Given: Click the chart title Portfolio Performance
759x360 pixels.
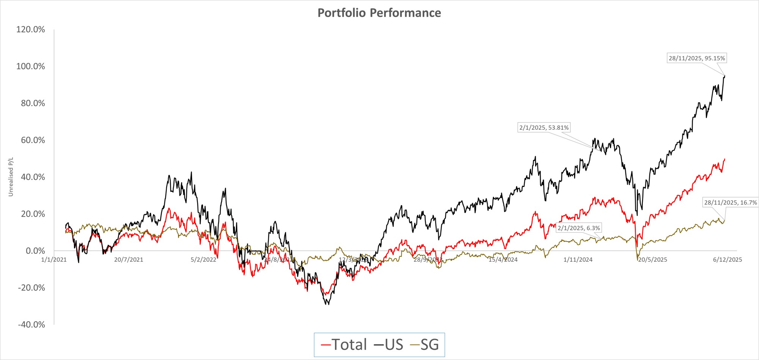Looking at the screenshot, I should click(379, 13).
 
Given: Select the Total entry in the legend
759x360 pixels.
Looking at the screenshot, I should click(344, 345).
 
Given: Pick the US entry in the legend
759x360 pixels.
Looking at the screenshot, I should click(389, 345).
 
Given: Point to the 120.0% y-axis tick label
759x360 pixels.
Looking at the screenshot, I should click(30, 30).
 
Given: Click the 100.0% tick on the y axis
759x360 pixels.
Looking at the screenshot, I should click(30, 66).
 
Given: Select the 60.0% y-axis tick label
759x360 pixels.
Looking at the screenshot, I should click(33, 140).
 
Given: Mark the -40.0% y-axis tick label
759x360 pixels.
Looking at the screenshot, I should click(31, 325).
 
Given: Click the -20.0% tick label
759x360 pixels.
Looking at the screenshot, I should click(31, 288).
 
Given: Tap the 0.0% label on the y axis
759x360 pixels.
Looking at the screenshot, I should click(35, 251).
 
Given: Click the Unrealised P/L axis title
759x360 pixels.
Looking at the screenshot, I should click(11, 177).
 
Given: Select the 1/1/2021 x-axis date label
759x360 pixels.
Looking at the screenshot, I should click(54, 260).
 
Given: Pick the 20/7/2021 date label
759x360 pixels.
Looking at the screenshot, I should click(129, 260).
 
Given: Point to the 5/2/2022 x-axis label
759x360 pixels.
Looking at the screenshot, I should click(203, 260).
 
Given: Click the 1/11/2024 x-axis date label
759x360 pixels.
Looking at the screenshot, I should click(578, 260).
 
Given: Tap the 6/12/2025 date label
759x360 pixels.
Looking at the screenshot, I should click(728, 260).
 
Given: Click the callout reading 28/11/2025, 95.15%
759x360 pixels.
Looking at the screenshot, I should click(697, 58).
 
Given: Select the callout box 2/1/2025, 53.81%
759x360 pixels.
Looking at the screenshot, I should click(544, 128).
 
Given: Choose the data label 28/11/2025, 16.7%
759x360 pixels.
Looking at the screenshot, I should click(730, 203).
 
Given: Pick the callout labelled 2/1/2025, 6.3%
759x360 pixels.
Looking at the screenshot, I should click(579, 228).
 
